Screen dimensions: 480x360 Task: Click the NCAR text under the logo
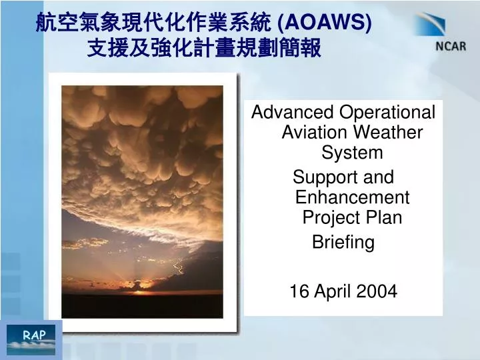(451, 46)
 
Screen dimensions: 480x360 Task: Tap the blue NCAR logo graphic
(430, 25)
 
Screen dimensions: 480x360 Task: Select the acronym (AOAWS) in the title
(324, 23)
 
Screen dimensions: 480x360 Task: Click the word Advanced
(293, 112)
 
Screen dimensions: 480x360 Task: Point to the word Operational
(387, 113)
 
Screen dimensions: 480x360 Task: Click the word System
(352, 153)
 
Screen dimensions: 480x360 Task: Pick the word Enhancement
(353, 197)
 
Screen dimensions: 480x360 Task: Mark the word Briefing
(343, 243)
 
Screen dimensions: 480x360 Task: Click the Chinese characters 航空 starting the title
(56, 23)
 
